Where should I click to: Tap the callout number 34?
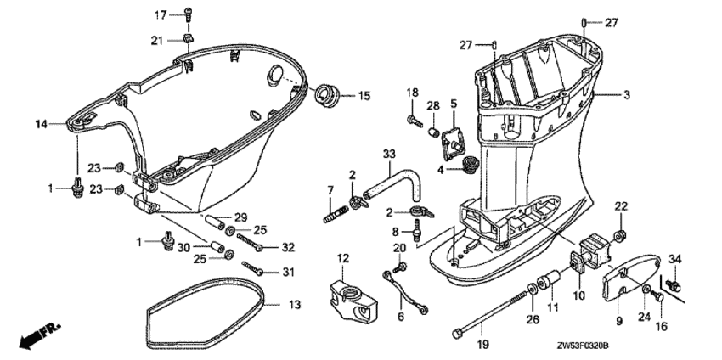pyautogui.click(x=676, y=259)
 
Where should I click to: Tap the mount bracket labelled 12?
pyautogui.click(x=350, y=294)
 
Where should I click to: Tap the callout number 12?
pyautogui.click(x=343, y=258)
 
